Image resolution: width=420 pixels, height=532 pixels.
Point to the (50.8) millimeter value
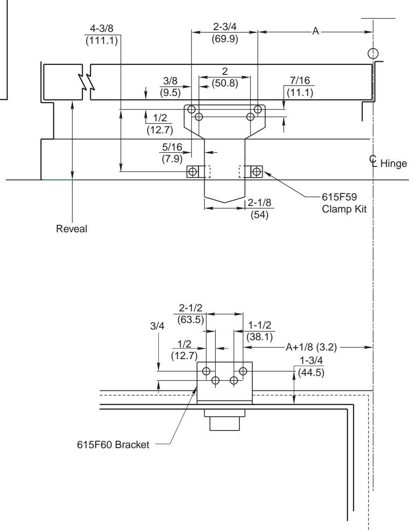point(224,83)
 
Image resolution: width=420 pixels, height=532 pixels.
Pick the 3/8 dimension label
point(170,82)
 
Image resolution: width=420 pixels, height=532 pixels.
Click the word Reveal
point(71,229)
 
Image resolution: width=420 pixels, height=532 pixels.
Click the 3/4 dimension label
point(158,326)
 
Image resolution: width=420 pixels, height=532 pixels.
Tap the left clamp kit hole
point(193,172)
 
